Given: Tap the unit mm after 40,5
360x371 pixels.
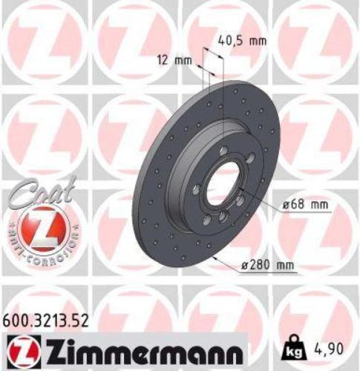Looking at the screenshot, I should point(257,41).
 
